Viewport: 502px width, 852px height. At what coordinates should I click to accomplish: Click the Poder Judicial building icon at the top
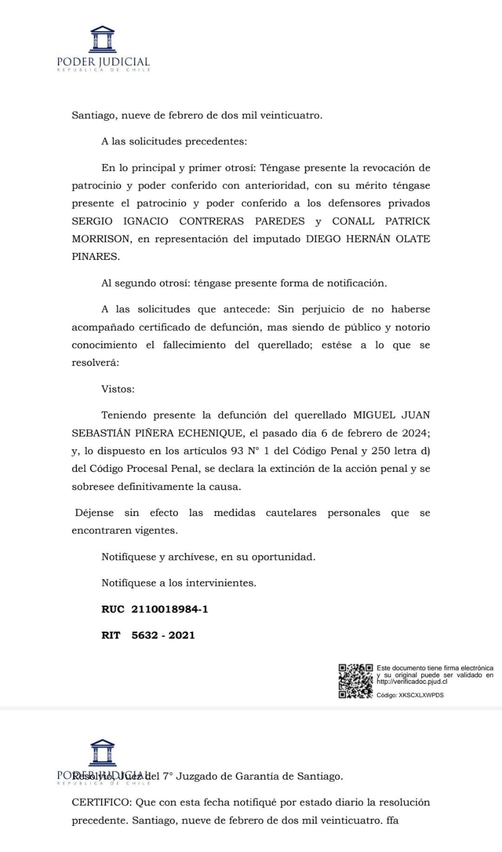point(103,39)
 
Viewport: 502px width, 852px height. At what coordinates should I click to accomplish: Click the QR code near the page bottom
point(355,681)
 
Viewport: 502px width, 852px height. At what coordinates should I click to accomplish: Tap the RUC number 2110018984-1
point(169,609)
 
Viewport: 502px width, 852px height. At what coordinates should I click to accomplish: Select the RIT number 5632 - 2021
point(163,635)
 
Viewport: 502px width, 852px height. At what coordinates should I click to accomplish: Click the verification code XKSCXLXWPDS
point(421,695)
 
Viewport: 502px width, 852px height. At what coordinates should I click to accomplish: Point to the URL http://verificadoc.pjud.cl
point(411,682)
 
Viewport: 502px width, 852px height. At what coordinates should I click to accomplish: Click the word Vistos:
point(118,389)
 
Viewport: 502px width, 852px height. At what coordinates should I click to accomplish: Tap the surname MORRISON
point(101,239)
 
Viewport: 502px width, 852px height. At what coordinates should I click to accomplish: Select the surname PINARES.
point(95,257)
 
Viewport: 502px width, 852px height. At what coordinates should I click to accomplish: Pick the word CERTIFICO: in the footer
point(101,802)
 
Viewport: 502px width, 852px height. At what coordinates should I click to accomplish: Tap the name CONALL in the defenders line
point(353,222)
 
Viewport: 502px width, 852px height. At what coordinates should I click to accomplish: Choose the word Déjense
point(94,513)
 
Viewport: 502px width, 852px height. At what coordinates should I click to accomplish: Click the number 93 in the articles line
point(237,451)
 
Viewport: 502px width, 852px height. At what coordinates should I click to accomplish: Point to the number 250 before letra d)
point(380,451)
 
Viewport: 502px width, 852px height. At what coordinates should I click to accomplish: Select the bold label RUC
point(112,609)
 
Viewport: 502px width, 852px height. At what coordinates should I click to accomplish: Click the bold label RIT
point(111,635)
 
